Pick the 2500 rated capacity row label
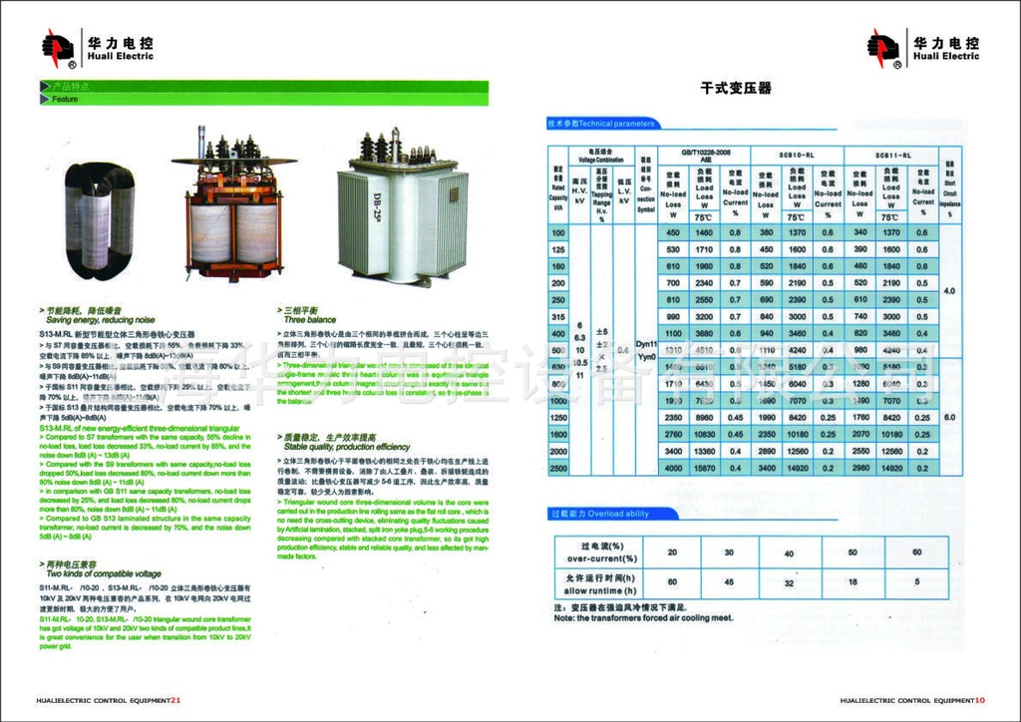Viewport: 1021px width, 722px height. [x=557, y=468]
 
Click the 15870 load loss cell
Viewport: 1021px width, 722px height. [x=704, y=468]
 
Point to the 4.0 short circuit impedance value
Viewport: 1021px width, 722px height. [x=949, y=290]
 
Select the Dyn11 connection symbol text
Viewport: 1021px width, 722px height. [x=645, y=342]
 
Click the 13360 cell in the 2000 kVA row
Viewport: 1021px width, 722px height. [x=704, y=451]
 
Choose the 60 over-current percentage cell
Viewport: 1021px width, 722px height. [x=916, y=551]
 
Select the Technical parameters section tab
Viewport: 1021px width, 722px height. [x=602, y=124]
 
